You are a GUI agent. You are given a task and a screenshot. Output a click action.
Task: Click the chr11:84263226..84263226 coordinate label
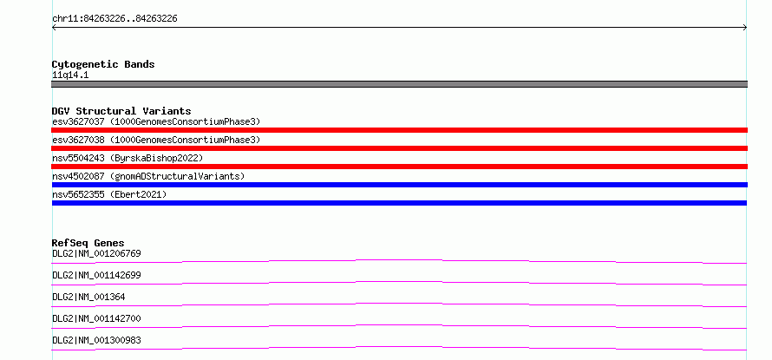click(114, 19)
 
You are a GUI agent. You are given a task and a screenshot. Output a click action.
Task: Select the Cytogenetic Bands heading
click(103, 64)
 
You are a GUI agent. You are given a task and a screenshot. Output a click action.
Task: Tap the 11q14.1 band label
click(70, 75)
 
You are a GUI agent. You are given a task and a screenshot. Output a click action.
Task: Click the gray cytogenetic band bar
click(399, 84)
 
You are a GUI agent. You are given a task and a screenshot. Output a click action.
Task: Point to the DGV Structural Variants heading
click(121, 111)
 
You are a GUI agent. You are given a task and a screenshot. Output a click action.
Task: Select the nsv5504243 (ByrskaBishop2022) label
click(128, 158)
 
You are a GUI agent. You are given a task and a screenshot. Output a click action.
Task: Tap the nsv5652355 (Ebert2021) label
click(109, 194)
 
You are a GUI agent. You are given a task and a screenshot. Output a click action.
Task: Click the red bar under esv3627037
click(399, 130)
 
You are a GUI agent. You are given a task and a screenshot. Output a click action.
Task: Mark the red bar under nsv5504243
click(399, 167)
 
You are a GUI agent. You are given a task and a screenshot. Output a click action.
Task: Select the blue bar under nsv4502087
click(399, 185)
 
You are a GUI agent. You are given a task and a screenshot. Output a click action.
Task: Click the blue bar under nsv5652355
click(399, 203)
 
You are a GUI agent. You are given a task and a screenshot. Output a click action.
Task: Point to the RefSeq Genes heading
click(88, 243)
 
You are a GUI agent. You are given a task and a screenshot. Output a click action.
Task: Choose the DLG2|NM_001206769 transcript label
click(96, 253)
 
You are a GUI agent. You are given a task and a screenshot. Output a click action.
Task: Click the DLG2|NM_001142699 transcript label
click(96, 275)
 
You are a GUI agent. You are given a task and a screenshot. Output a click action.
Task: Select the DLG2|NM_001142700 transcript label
click(96, 318)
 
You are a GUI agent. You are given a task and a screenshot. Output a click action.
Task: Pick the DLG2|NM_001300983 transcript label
click(96, 340)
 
